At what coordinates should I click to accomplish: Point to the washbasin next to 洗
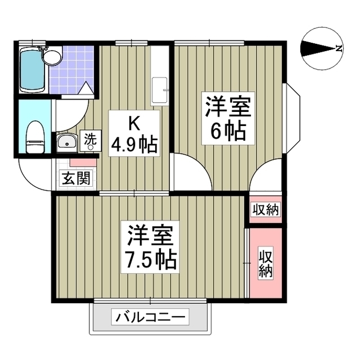coord(66,142)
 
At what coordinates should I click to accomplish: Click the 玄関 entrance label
coord(74,179)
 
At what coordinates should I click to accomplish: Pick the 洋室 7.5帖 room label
coord(151,247)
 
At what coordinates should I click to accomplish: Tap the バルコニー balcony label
coord(150,318)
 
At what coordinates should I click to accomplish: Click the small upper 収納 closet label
coord(265,210)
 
